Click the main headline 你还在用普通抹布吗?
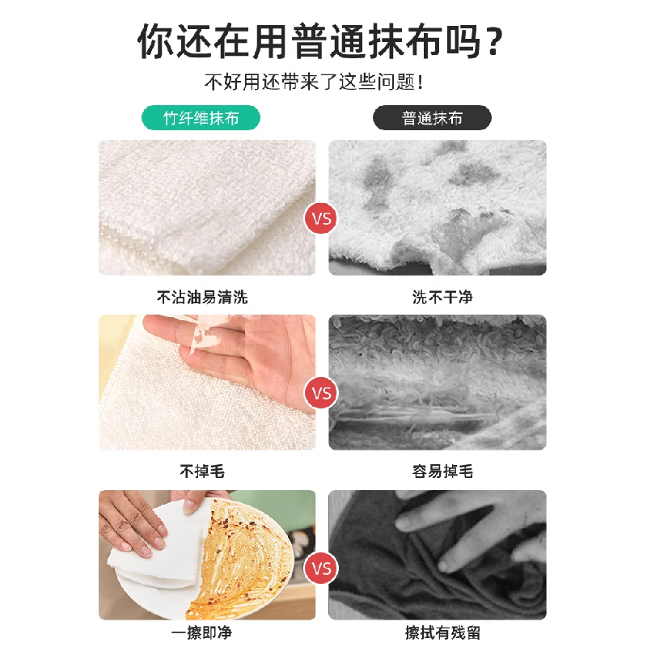click(x=323, y=40)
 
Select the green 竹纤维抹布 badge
click(x=201, y=118)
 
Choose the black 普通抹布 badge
click(x=432, y=118)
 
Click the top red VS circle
click(x=322, y=218)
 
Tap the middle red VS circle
click(x=322, y=394)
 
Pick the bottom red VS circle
click(x=322, y=569)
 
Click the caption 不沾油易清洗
click(x=201, y=298)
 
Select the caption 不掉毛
click(x=201, y=472)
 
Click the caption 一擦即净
click(x=201, y=633)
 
